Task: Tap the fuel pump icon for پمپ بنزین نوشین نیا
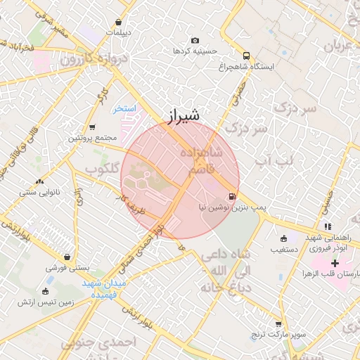(x=231, y=196)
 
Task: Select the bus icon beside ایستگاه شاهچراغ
(x=245, y=55)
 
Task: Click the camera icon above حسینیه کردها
(x=195, y=40)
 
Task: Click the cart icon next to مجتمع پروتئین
(x=92, y=127)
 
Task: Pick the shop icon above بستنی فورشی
(x=67, y=257)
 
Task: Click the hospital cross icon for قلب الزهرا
(x=335, y=263)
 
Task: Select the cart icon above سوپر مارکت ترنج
(x=278, y=324)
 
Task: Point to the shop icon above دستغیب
(x=283, y=238)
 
